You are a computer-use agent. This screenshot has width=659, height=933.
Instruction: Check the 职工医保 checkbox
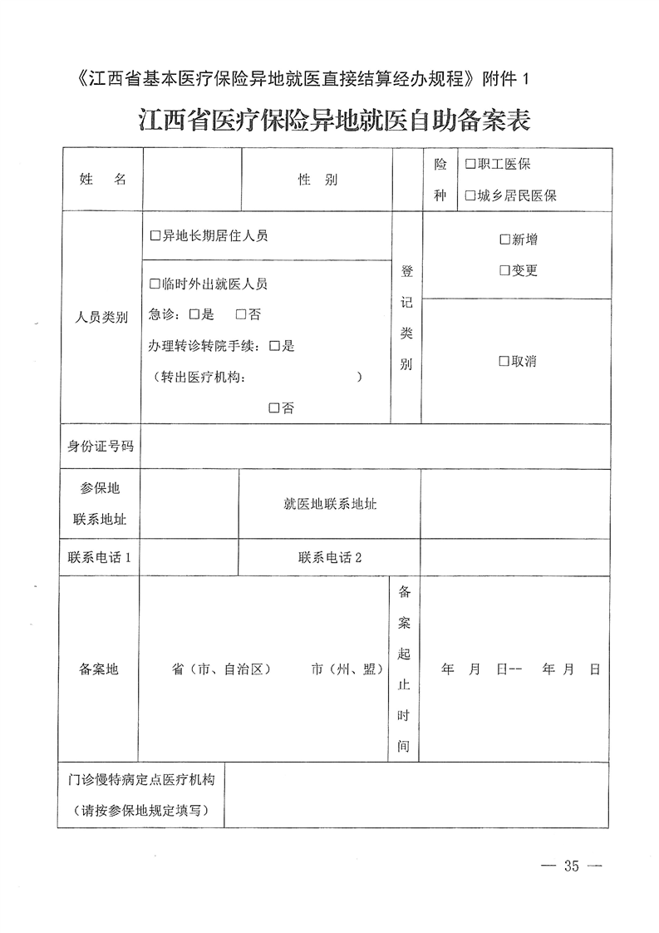point(470,165)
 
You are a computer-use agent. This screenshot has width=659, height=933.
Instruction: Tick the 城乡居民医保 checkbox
point(470,196)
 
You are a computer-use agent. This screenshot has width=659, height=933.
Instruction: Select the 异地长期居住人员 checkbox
point(155,236)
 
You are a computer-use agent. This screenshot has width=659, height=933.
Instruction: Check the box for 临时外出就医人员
point(155,284)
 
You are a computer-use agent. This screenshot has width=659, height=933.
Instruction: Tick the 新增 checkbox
point(504,239)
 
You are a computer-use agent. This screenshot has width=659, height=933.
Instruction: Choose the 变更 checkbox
point(504,271)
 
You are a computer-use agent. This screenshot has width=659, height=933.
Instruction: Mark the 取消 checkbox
point(504,362)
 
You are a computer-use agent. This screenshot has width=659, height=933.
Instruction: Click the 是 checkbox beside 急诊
point(194,314)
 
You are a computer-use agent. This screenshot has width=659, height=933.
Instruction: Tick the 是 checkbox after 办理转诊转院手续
point(274,346)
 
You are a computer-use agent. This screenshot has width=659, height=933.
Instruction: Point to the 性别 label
point(317,180)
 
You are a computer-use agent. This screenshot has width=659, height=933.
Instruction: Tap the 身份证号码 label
point(101,447)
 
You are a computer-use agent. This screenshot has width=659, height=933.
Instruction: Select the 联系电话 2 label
point(330,557)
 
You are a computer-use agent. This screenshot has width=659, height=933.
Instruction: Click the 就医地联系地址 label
point(330,504)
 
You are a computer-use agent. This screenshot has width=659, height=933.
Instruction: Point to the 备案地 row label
point(99,669)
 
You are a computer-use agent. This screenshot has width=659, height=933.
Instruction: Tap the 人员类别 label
point(101,318)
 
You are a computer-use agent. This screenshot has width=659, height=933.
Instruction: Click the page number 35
point(570,866)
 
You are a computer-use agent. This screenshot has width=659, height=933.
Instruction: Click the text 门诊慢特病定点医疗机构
point(142,781)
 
